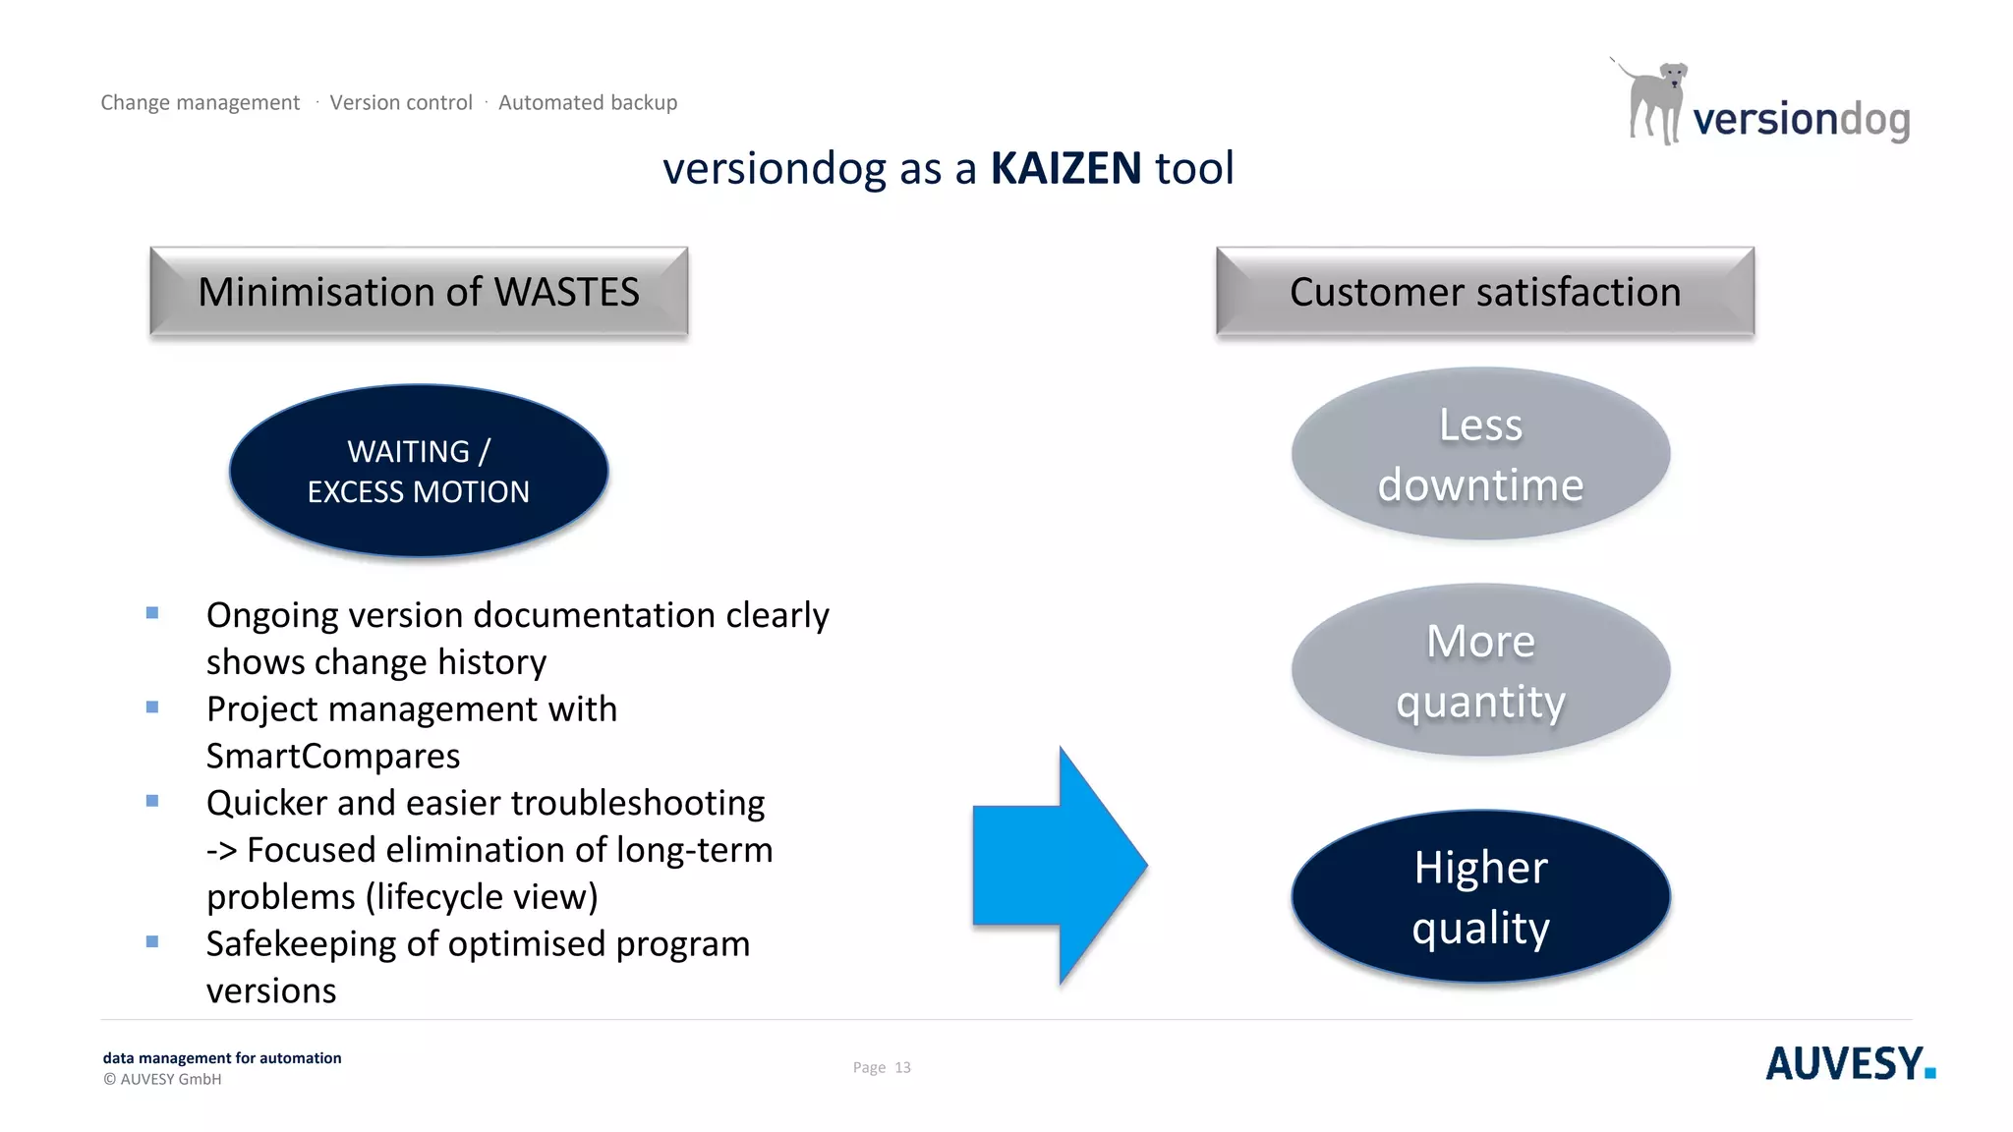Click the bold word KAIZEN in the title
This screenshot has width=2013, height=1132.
pos(1065,168)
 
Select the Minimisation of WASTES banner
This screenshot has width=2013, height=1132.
pos(419,292)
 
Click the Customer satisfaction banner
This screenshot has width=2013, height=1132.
pos(1485,292)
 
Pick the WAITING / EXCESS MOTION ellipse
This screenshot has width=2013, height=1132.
pos(419,471)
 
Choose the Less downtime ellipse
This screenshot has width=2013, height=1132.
pos(1480,454)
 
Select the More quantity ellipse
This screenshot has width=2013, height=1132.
pos(1480,670)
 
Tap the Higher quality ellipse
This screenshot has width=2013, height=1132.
pos(1480,896)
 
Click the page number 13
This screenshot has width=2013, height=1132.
pos(902,1067)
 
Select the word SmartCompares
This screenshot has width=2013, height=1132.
pos(333,756)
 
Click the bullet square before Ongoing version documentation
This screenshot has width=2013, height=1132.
pos(152,613)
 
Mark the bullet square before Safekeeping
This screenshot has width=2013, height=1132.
pos(152,941)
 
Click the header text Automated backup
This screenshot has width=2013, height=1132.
pos(588,102)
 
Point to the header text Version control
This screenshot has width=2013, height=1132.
pos(401,102)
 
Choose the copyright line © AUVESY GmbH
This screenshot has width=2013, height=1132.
pos(162,1079)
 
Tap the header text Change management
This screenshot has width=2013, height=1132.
pos(201,102)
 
